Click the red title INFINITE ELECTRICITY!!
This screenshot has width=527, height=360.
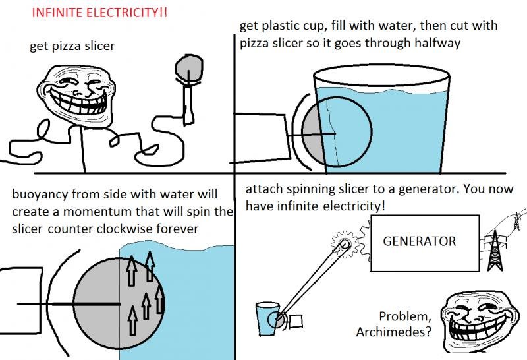point(99,13)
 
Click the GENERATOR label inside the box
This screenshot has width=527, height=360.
point(419,241)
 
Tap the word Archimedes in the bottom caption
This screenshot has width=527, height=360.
point(393,332)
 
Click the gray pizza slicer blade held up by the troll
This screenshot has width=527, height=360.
point(189,68)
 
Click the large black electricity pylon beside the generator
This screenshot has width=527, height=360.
point(495,251)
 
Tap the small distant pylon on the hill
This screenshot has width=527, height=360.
point(516,221)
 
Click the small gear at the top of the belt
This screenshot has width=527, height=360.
point(344,243)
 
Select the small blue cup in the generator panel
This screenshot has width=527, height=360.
point(267,318)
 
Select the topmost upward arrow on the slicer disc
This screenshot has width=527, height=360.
point(150,266)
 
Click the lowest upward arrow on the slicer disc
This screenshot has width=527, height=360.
point(133,320)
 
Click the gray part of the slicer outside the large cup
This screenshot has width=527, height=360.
point(312,134)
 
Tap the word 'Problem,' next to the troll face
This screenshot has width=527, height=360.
point(405,316)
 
